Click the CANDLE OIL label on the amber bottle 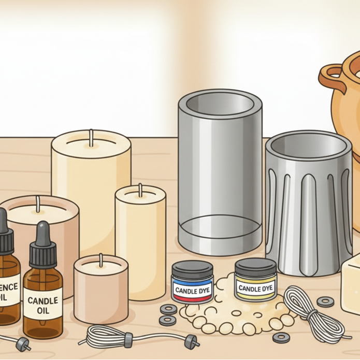[x=42, y=306]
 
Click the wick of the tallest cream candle [x=91, y=137]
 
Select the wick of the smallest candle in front [x=100, y=260]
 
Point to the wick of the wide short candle [x=37, y=205]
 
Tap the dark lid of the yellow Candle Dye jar [x=255, y=266]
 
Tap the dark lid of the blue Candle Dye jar [x=192, y=268]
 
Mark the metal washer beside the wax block [x=325, y=301]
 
